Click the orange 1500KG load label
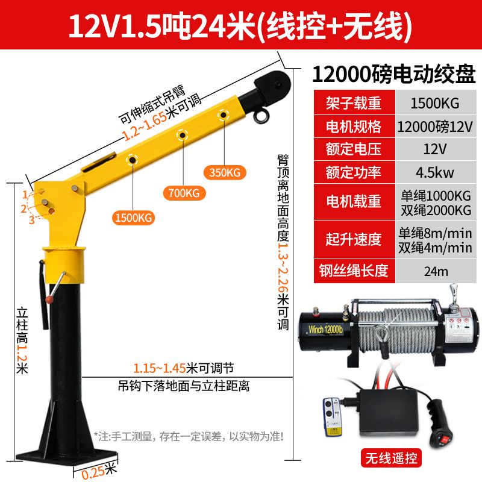133,218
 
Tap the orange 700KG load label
184,193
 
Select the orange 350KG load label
225,172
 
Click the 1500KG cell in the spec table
435,103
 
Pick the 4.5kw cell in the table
435,172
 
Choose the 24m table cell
435,271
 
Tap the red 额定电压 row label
354,149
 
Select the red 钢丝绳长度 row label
354,271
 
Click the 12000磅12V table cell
435,127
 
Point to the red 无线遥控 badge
391,458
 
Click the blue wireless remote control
332,417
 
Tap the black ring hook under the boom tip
261,116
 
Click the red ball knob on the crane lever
49,299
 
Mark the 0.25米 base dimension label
99,471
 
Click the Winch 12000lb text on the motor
325,330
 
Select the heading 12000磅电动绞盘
394,74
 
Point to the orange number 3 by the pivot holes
32,220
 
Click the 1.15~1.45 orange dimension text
159,368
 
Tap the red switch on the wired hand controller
443,440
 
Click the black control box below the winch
389,412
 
